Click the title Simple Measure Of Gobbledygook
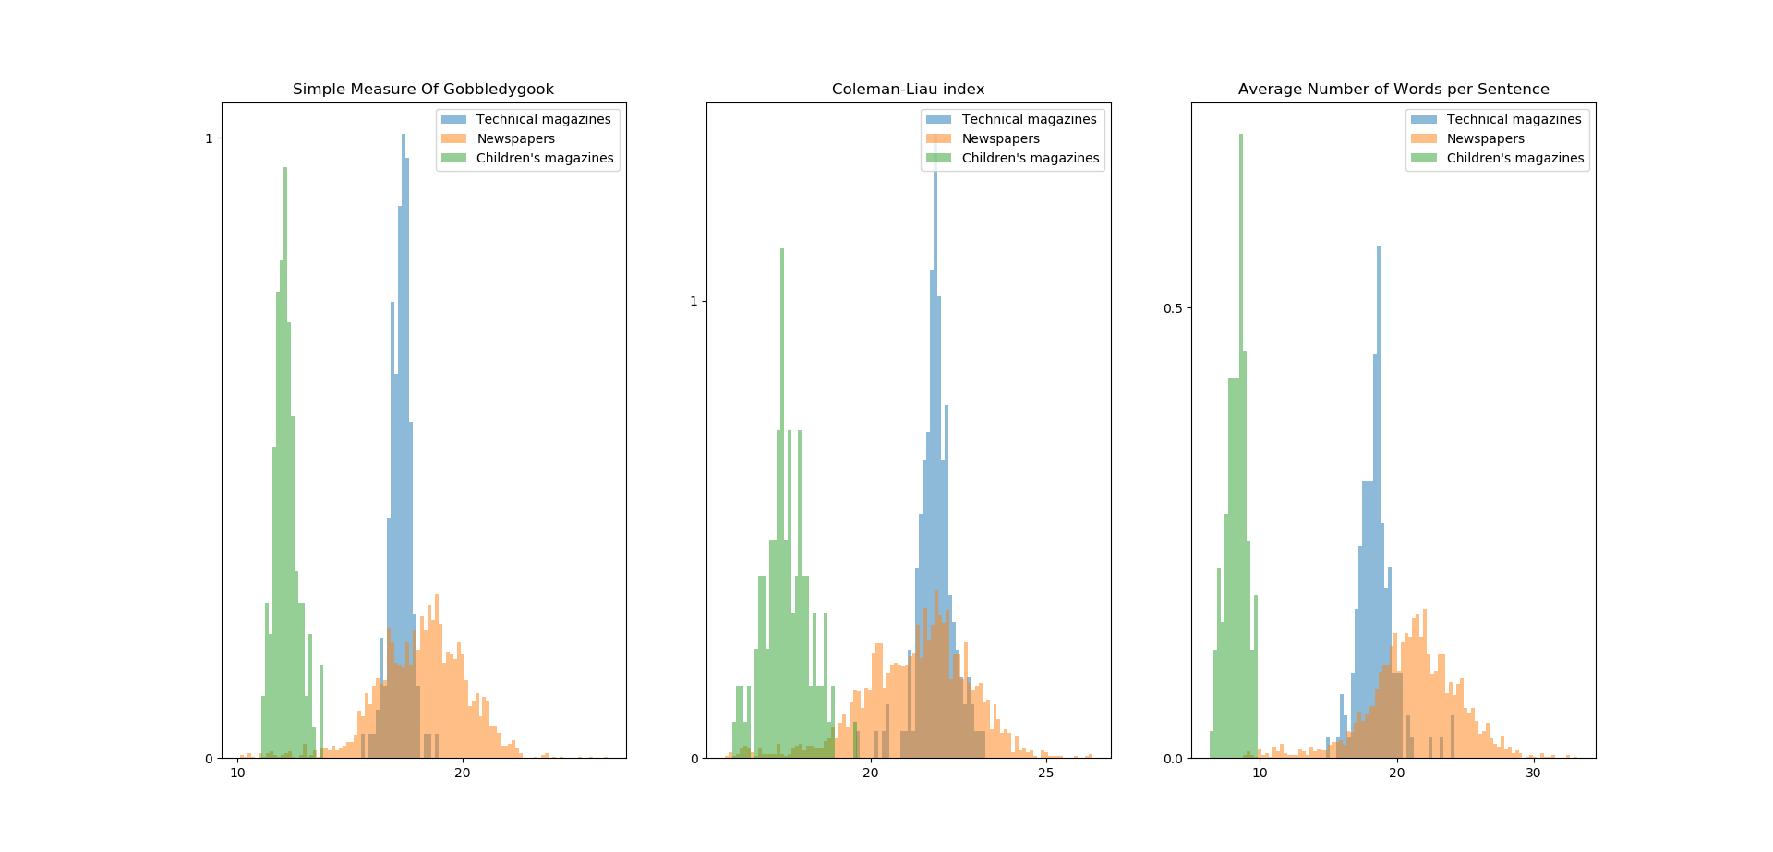(x=423, y=90)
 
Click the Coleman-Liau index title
(x=908, y=90)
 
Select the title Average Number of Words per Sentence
(x=1393, y=90)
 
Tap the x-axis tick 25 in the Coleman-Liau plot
(x=1045, y=773)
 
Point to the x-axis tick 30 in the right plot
(x=1533, y=773)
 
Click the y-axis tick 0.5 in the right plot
(x=1172, y=308)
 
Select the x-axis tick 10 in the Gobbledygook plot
(x=237, y=773)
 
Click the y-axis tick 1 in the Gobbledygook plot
(x=209, y=138)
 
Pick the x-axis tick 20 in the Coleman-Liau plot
(x=870, y=773)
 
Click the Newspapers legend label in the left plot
(x=515, y=138)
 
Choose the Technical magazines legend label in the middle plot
(x=1029, y=119)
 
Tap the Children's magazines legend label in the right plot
(x=1514, y=158)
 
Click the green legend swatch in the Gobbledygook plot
(x=454, y=158)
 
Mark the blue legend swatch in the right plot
(x=1424, y=119)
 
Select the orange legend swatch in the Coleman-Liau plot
(x=938, y=138)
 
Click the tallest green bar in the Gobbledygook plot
(x=285, y=462)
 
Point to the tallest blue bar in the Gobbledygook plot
(x=404, y=443)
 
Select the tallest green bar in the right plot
(x=1240, y=443)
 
